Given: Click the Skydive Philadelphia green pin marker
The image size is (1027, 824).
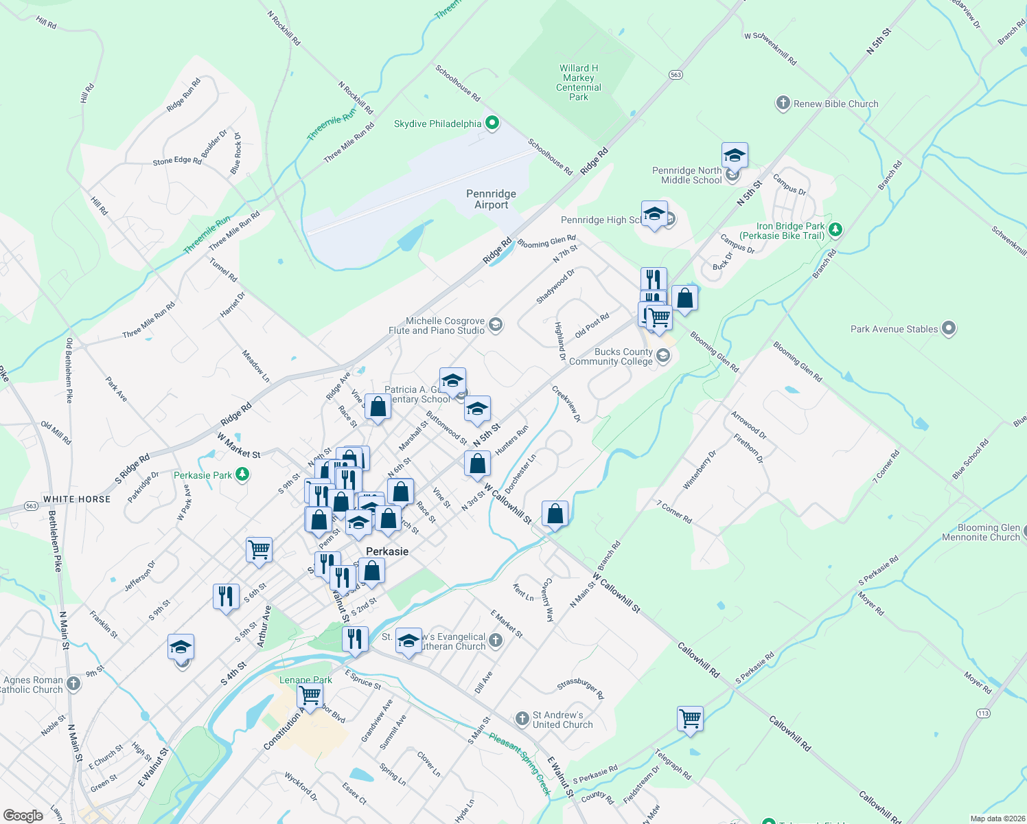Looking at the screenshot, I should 492,124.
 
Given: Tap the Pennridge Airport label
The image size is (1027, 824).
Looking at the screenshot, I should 491,199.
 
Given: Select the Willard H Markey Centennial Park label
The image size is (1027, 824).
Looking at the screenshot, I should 579,82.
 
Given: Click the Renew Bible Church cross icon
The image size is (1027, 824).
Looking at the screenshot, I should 783,104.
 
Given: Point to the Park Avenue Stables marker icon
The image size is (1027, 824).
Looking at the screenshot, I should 949,329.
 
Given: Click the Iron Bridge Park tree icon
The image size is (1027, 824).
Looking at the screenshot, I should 835,229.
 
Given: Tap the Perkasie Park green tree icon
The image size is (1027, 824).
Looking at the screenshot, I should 242,474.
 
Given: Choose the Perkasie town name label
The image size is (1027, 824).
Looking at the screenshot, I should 387,551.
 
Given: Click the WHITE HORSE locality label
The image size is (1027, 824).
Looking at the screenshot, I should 77,499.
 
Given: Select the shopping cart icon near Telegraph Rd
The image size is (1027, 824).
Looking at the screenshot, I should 690,719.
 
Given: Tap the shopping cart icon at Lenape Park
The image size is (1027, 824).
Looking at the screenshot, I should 310,695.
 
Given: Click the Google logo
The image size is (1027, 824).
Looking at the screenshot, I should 23,816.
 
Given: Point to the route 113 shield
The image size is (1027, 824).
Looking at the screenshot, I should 983,713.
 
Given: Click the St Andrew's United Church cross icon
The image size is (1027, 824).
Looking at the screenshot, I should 522,719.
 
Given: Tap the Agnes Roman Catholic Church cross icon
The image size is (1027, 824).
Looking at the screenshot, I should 73,684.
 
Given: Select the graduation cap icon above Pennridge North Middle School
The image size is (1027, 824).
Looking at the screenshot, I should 735,155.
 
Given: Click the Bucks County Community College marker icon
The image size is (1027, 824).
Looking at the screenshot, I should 662,356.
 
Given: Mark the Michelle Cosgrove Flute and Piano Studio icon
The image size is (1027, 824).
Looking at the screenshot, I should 496,324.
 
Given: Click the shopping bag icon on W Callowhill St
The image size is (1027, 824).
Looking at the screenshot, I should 555,514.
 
